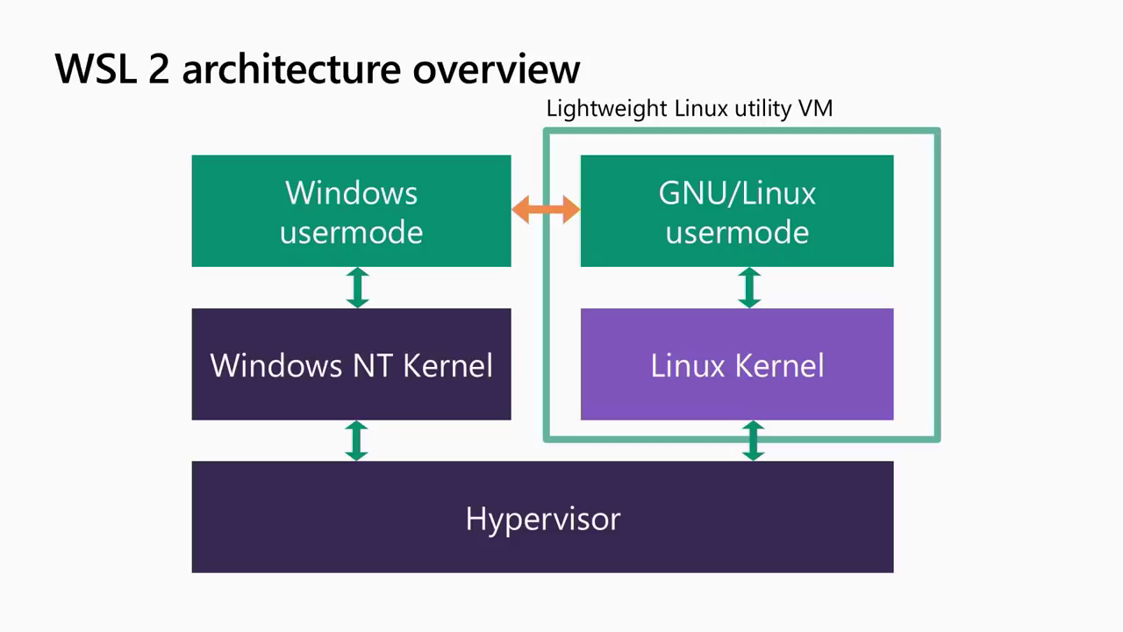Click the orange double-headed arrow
click(545, 209)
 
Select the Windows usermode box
click(351, 211)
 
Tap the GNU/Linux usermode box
click(737, 211)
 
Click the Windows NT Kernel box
click(351, 364)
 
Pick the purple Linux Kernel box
click(737, 364)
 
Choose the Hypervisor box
click(542, 517)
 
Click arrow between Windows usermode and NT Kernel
click(357, 287)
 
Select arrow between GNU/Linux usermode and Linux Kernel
click(749, 287)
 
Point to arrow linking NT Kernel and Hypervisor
click(356, 440)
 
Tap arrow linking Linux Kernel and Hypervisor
click(753, 440)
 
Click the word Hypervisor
click(542, 518)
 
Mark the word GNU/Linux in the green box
click(737, 192)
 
